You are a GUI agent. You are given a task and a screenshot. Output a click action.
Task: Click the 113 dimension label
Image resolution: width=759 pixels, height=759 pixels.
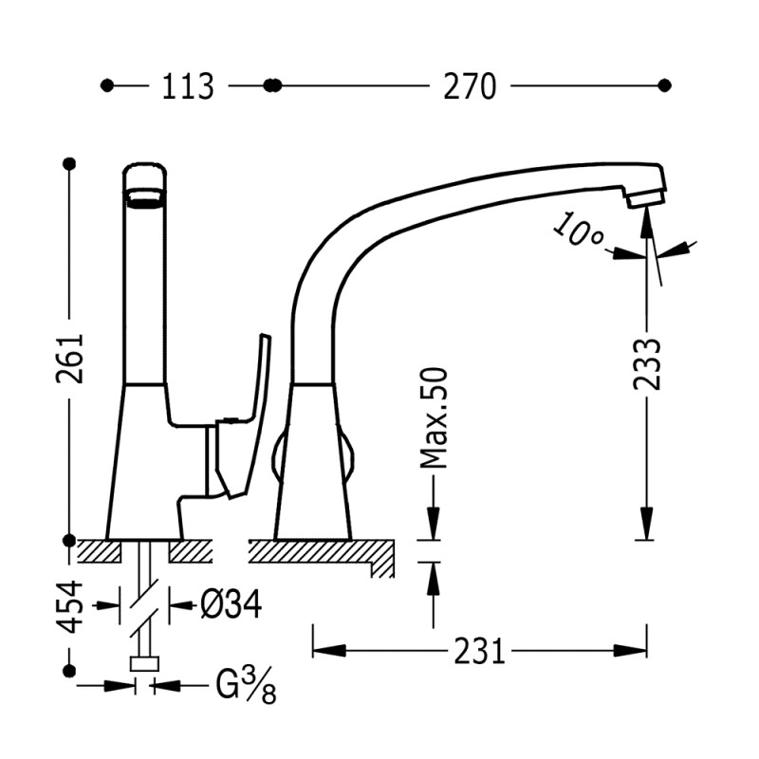(187, 86)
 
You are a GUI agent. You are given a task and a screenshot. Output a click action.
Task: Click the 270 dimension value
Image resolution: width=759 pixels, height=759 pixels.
(469, 86)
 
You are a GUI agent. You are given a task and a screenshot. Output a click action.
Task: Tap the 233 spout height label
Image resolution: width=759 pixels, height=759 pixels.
(647, 365)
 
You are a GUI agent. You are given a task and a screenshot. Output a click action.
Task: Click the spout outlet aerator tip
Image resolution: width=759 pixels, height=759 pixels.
(646, 196)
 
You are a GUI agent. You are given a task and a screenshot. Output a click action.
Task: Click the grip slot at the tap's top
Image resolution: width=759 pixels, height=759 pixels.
(147, 198)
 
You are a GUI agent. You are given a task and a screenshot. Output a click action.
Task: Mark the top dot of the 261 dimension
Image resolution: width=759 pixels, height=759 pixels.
(69, 164)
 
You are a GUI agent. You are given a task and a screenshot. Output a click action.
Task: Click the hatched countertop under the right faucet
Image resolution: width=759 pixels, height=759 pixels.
(323, 550)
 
